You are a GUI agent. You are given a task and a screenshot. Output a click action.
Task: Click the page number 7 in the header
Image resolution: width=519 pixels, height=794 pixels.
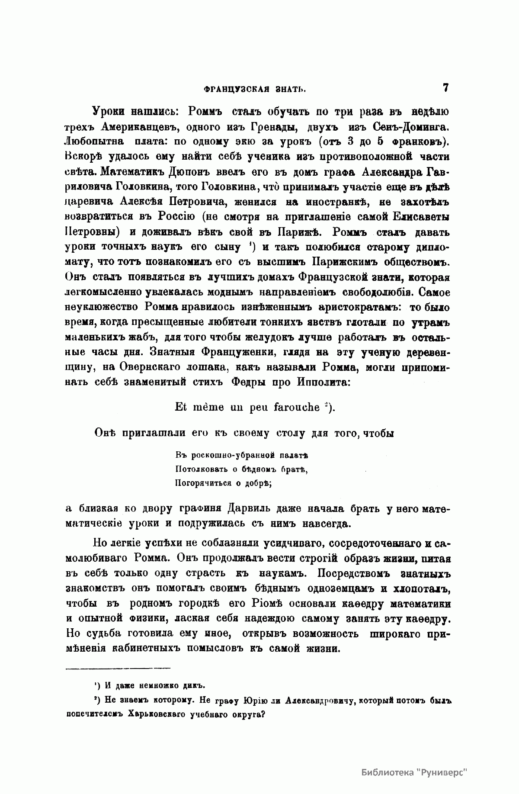(x=445, y=87)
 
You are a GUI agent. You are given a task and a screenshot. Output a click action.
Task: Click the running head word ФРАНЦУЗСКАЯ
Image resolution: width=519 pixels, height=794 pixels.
(x=230, y=90)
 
